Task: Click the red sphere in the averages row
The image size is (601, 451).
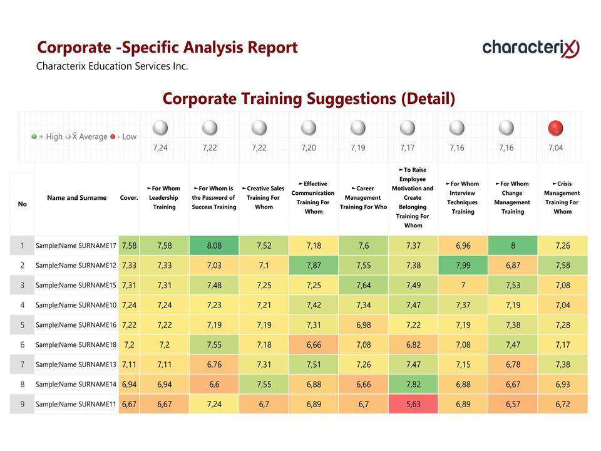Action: tap(555, 128)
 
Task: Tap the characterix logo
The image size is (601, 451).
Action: tap(531, 48)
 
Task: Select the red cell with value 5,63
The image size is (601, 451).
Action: tap(413, 404)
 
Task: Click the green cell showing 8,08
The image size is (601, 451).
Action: tap(214, 246)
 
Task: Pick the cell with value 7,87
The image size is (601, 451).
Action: tap(314, 266)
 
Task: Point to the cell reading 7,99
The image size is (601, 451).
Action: tap(463, 266)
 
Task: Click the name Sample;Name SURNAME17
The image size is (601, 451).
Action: tap(76, 246)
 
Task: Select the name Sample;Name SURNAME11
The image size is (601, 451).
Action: tap(76, 404)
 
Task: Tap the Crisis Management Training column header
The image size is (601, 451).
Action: tap(562, 198)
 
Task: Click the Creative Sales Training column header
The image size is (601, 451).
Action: tap(264, 198)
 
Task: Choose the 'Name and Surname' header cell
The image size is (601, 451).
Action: tap(76, 198)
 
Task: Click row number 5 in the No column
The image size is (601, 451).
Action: tap(22, 325)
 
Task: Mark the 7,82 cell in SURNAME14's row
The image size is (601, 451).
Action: tap(413, 384)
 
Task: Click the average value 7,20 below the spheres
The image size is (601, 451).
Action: tap(309, 148)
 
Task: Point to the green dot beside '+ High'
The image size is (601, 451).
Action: tap(34, 137)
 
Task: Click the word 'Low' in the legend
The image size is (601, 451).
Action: tap(129, 137)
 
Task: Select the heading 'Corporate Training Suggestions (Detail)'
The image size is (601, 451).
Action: tap(309, 98)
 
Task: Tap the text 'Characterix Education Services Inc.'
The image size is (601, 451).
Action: tap(112, 66)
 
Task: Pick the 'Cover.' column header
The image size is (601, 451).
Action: tap(129, 198)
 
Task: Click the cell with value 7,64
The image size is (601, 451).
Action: tap(363, 285)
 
